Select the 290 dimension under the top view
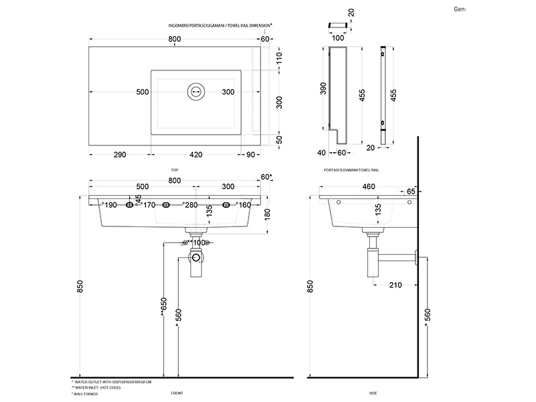click(119, 155)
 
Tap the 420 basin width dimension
click(196, 155)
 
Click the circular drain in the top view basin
click(196, 91)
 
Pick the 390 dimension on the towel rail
click(324, 88)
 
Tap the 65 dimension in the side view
click(410, 192)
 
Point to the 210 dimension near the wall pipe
click(396, 285)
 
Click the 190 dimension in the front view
click(111, 205)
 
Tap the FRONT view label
click(177, 393)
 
